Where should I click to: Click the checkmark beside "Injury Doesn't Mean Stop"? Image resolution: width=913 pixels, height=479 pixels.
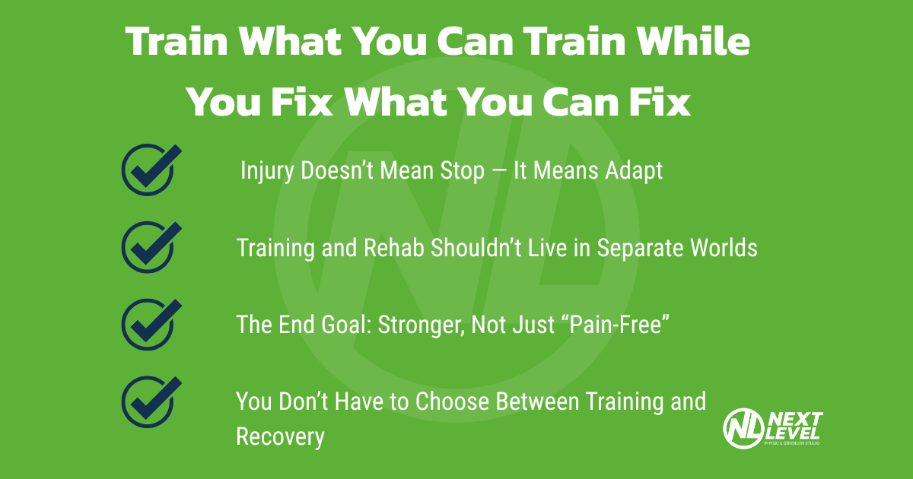pos(150,170)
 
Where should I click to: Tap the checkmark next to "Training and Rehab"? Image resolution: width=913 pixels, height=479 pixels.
pos(150,247)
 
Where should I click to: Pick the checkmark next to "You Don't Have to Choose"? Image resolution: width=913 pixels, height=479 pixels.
pos(150,401)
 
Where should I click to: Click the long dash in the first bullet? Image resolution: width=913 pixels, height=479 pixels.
pos(498,172)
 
